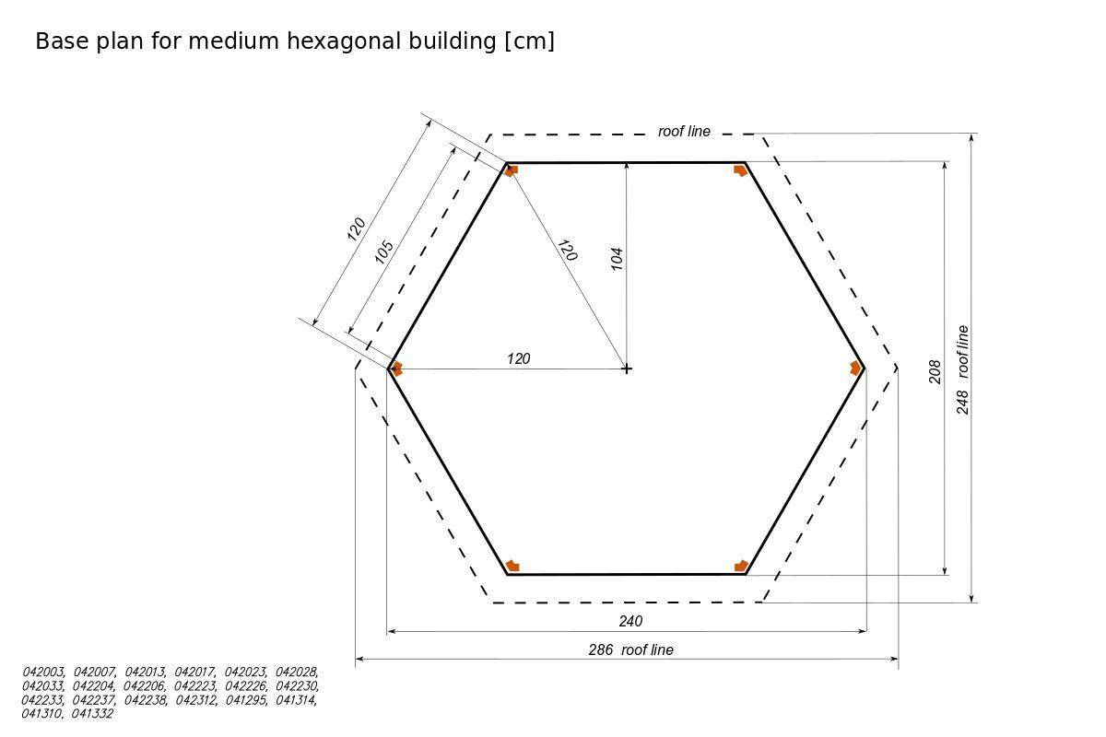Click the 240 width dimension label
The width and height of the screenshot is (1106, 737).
(630, 622)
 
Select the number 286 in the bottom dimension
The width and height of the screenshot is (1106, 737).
(601, 649)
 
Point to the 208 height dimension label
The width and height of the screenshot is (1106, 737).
(935, 371)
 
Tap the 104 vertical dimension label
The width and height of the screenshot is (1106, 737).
(618, 258)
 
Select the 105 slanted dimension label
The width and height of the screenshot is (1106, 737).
(384, 252)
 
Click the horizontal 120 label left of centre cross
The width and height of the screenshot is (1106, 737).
(519, 358)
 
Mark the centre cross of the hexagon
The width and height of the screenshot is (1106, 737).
(627, 368)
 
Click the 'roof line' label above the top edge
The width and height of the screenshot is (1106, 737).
(684, 132)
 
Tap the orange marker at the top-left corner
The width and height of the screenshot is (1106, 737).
(512, 170)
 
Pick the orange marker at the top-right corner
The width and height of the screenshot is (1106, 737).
(740, 170)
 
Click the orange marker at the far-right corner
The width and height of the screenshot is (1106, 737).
(855, 368)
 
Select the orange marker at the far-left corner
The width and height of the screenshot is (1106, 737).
(397, 368)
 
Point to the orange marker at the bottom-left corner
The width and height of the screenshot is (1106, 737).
(512, 566)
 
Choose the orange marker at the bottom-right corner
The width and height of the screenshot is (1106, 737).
(741, 566)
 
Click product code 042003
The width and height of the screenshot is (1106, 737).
(43, 673)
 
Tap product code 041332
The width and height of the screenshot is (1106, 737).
(92, 714)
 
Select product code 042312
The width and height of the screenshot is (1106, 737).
(195, 700)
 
